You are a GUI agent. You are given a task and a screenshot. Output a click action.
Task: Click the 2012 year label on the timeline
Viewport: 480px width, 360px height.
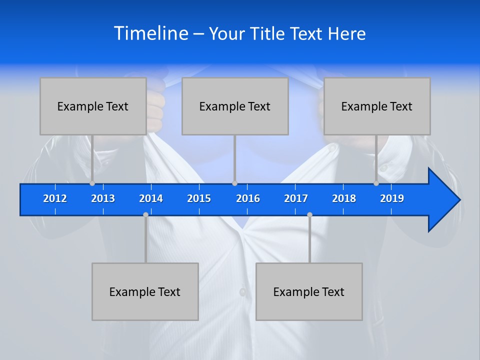click(55, 198)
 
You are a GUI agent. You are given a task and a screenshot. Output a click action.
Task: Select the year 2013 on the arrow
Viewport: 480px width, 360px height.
click(103, 198)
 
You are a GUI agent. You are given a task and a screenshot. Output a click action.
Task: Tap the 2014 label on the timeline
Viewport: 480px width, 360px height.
click(151, 198)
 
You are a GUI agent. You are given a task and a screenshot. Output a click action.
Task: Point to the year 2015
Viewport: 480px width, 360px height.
click(199, 198)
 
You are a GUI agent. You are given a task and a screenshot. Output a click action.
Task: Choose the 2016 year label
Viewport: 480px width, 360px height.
click(248, 198)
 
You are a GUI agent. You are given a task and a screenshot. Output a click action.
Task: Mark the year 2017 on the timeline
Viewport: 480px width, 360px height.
click(296, 198)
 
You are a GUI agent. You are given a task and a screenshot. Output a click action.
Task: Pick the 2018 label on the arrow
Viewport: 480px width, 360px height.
click(344, 198)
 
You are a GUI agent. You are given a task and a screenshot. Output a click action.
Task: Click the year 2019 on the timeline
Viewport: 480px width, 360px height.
click(392, 198)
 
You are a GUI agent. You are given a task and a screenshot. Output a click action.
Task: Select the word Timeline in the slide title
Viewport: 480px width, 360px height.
click(151, 33)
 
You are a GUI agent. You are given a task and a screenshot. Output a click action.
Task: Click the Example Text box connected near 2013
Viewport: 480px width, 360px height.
click(93, 106)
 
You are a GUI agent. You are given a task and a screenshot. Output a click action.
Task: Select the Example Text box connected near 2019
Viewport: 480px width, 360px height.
click(377, 106)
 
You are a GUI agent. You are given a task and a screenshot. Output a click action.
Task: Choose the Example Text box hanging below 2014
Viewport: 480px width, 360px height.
click(145, 291)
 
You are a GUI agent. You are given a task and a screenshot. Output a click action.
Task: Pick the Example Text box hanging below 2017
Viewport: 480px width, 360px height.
click(309, 291)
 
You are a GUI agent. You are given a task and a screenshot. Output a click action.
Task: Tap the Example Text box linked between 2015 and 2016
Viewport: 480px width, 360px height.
click(235, 106)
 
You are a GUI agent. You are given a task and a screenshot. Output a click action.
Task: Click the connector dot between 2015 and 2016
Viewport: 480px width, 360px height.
click(234, 183)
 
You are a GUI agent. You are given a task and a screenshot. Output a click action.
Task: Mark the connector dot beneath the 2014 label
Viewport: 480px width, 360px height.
click(145, 214)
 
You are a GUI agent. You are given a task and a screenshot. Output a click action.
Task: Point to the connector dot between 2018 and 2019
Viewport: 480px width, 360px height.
click(376, 183)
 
